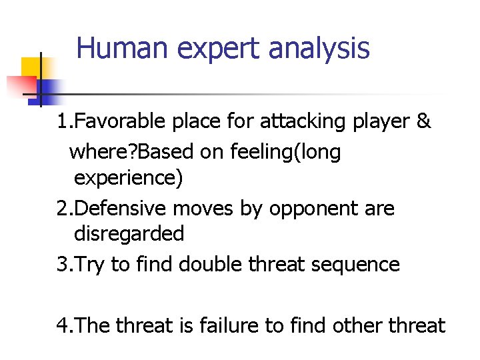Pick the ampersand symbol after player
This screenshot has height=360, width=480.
tap(423, 121)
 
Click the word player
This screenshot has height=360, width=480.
tap(377, 123)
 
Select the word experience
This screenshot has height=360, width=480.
tap(129, 179)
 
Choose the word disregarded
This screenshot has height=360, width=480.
tap(129, 233)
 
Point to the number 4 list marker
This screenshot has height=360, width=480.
tap(61, 325)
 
